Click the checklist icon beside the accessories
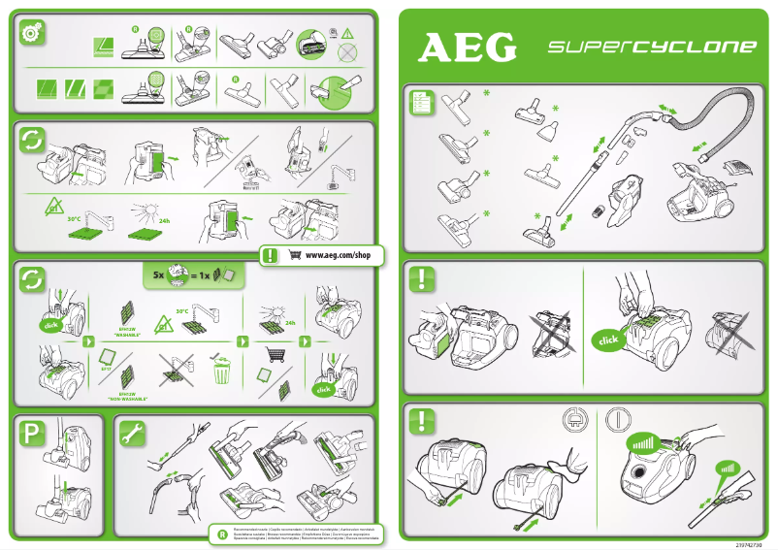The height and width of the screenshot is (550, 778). pos(421,100)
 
